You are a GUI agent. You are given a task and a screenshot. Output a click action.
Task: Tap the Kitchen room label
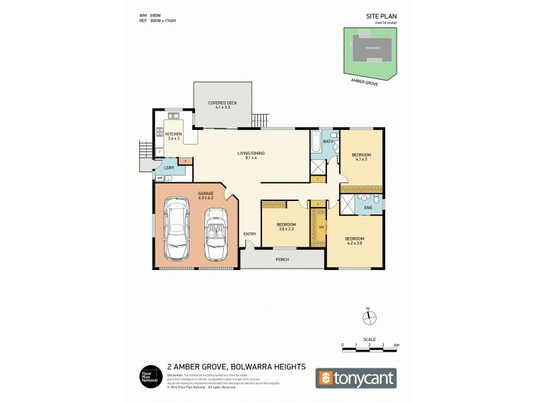(174, 135)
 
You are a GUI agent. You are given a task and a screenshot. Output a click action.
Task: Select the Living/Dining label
(251, 155)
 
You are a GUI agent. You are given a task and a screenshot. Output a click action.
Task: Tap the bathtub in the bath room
(315, 144)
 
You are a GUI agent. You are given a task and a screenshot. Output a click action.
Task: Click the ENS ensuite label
(368, 208)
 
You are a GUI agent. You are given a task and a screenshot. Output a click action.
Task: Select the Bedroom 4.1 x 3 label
(361, 157)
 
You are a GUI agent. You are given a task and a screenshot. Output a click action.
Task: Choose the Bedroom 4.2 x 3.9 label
(354, 241)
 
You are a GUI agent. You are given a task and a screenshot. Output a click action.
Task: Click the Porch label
(281, 259)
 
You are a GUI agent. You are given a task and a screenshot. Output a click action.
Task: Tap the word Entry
(250, 234)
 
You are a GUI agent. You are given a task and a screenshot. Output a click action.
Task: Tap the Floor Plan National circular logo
(148, 377)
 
